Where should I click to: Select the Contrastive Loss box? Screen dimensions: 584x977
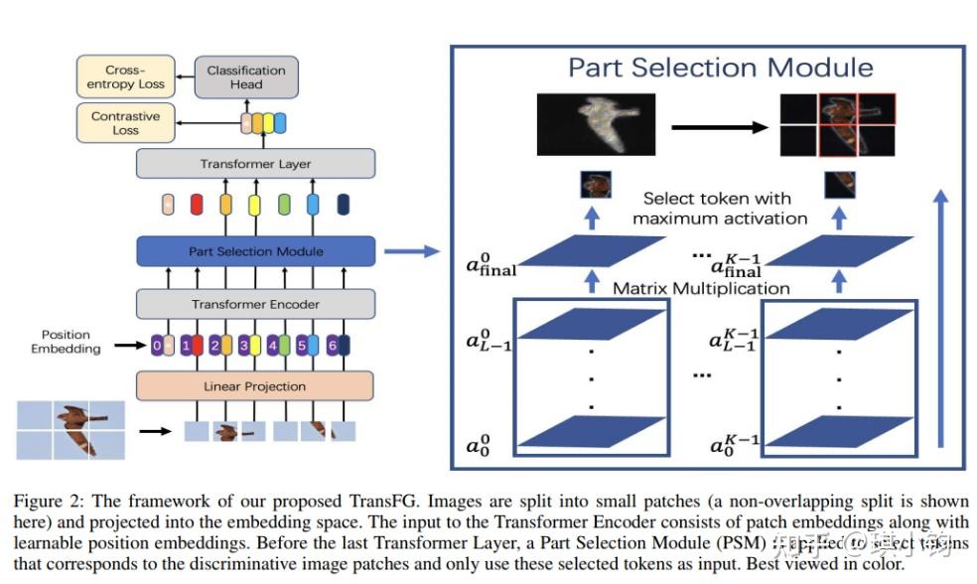coord(125,123)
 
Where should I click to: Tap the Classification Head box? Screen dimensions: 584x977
coord(246,77)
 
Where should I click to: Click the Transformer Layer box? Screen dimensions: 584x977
coord(255,164)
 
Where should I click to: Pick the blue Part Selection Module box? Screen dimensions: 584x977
coord(255,251)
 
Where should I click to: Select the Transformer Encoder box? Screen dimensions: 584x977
coord(255,305)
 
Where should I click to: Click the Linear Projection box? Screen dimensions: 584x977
coord(254,385)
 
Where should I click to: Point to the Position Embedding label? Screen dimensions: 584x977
coord(66,342)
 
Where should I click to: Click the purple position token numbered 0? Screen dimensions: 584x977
coord(156,347)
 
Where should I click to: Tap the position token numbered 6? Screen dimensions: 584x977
coord(333,347)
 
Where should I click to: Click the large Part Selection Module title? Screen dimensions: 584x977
coord(720,68)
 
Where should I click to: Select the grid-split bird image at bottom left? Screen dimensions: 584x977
coord(70,430)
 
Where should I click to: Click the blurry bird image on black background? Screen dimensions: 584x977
coord(597,126)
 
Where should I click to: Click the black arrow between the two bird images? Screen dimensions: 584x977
coord(719,127)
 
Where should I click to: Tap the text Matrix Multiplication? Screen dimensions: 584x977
coord(701,288)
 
